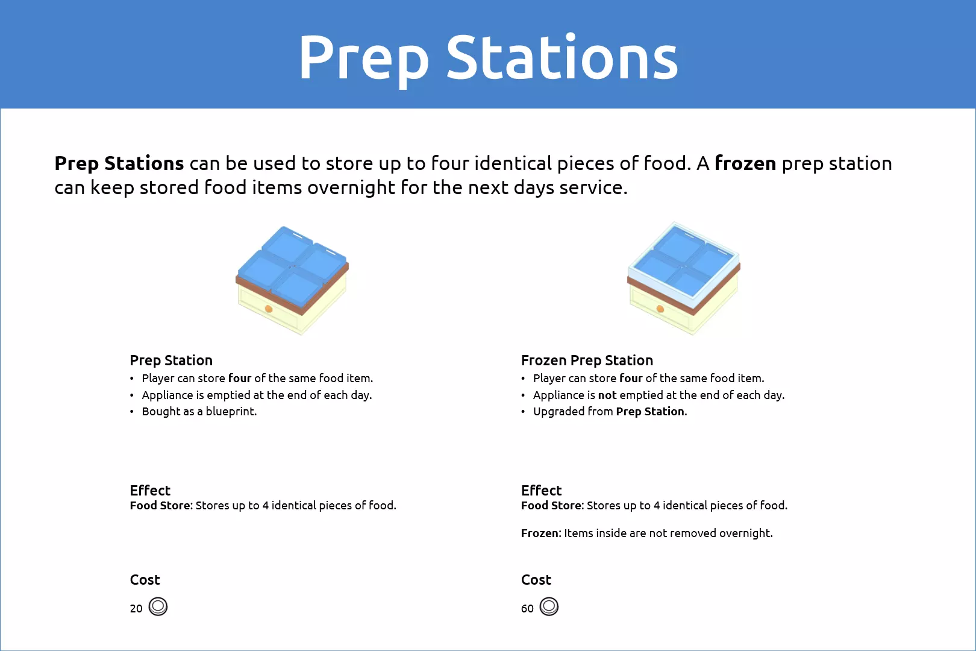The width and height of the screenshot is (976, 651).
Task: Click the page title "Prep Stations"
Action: [x=488, y=57]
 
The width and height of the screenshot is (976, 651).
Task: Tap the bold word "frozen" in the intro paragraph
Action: [x=745, y=163]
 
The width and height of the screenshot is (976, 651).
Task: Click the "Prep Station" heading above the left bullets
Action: [x=171, y=360]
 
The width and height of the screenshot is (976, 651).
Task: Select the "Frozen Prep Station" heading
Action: [x=587, y=360]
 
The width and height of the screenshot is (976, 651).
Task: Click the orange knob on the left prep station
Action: [x=269, y=309]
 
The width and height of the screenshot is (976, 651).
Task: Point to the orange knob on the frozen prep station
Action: [x=660, y=309]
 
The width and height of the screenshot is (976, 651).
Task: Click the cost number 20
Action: [x=136, y=608]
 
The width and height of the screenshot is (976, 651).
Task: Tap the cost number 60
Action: [x=527, y=608]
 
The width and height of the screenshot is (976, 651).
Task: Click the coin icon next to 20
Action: [x=158, y=606]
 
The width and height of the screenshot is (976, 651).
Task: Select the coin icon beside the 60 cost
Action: [x=549, y=606]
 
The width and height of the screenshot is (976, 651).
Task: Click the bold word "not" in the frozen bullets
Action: [x=607, y=395]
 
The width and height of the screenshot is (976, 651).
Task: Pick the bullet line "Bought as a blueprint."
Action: [x=199, y=412]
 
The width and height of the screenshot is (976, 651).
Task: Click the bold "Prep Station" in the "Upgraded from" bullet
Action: [x=650, y=412]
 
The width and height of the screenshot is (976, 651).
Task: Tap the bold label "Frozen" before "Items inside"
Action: [x=540, y=533]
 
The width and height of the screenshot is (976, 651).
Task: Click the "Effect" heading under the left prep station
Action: [x=150, y=491]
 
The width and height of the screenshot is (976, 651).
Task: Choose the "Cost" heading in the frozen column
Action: [x=536, y=580]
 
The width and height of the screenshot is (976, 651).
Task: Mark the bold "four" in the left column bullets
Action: [x=240, y=378]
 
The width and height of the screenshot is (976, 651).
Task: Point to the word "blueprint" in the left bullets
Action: [x=230, y=412]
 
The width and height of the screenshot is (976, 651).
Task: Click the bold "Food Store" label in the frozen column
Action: [x=551, y=505]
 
